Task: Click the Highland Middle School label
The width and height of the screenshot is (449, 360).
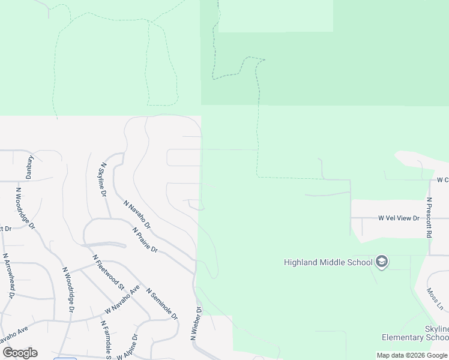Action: tap(327, 262)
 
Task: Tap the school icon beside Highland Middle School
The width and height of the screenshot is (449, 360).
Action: tap(382, 262)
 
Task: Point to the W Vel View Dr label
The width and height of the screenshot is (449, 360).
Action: tap(398, 218)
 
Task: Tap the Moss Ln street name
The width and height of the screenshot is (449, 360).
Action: tap(435, 299)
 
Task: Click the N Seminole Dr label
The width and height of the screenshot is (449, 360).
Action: tap(161, 304)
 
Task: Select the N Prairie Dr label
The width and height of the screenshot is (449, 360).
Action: tap(145, 239)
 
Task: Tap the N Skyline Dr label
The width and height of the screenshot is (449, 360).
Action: tap(103, 180)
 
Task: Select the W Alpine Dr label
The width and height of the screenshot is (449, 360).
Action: tap(128, 347)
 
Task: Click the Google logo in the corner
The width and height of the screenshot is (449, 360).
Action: tap(20, 353)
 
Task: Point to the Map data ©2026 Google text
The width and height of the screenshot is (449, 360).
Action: tap(412, 355)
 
